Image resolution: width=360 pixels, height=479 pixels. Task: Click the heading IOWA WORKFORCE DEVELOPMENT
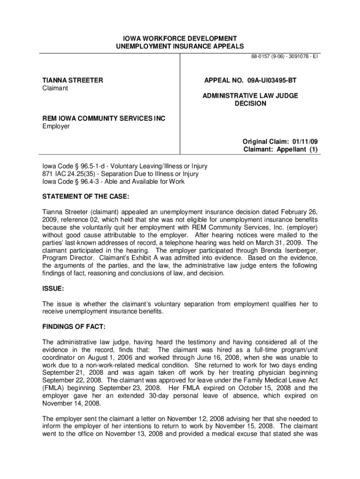point(180,38)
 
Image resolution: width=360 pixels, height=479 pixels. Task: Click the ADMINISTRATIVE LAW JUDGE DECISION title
point(250,100)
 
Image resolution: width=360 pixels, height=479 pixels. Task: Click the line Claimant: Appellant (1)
point(280,150)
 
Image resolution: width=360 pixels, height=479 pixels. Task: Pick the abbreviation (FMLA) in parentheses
point(55,388)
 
